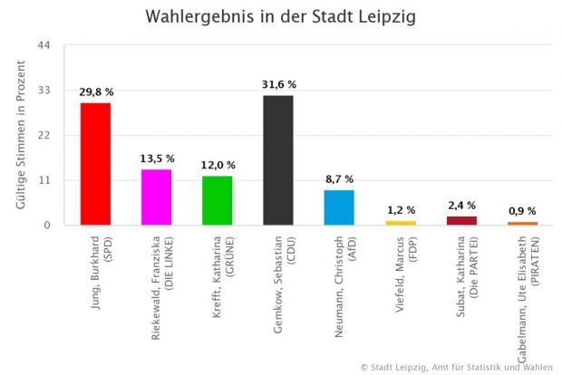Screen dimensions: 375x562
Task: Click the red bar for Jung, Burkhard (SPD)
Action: (x=95, y=164)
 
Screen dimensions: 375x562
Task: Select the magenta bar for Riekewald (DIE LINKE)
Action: (x=156, y=197)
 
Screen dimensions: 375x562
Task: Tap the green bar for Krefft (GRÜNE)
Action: (x=217, y=200)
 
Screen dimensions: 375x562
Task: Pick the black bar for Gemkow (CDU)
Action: (x=277, y=160)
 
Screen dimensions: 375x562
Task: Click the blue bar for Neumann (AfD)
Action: (x=339, y=207)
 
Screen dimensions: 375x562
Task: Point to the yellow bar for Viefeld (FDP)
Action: (x=400, y=223)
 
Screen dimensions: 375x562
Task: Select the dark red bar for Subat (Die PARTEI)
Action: (x=461, y=220)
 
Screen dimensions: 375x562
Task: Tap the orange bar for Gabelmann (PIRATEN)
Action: (x=522, y=223)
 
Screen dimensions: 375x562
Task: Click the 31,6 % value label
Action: (x=278, y=84)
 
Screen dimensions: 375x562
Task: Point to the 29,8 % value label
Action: (x=96, y=91)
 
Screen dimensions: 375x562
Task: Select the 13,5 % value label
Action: (x=157, y=159)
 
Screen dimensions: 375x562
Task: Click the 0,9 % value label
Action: (x=522, y=210)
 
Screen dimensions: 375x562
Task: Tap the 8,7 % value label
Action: (x=339, y=178)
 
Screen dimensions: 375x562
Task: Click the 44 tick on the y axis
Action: (x=44, y=46)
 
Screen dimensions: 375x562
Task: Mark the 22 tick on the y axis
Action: (x=44, y=136)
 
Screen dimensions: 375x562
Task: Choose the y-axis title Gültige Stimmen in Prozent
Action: (x=21, y=135)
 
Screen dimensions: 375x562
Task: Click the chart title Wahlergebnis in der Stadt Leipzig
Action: (x=281, y=16)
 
